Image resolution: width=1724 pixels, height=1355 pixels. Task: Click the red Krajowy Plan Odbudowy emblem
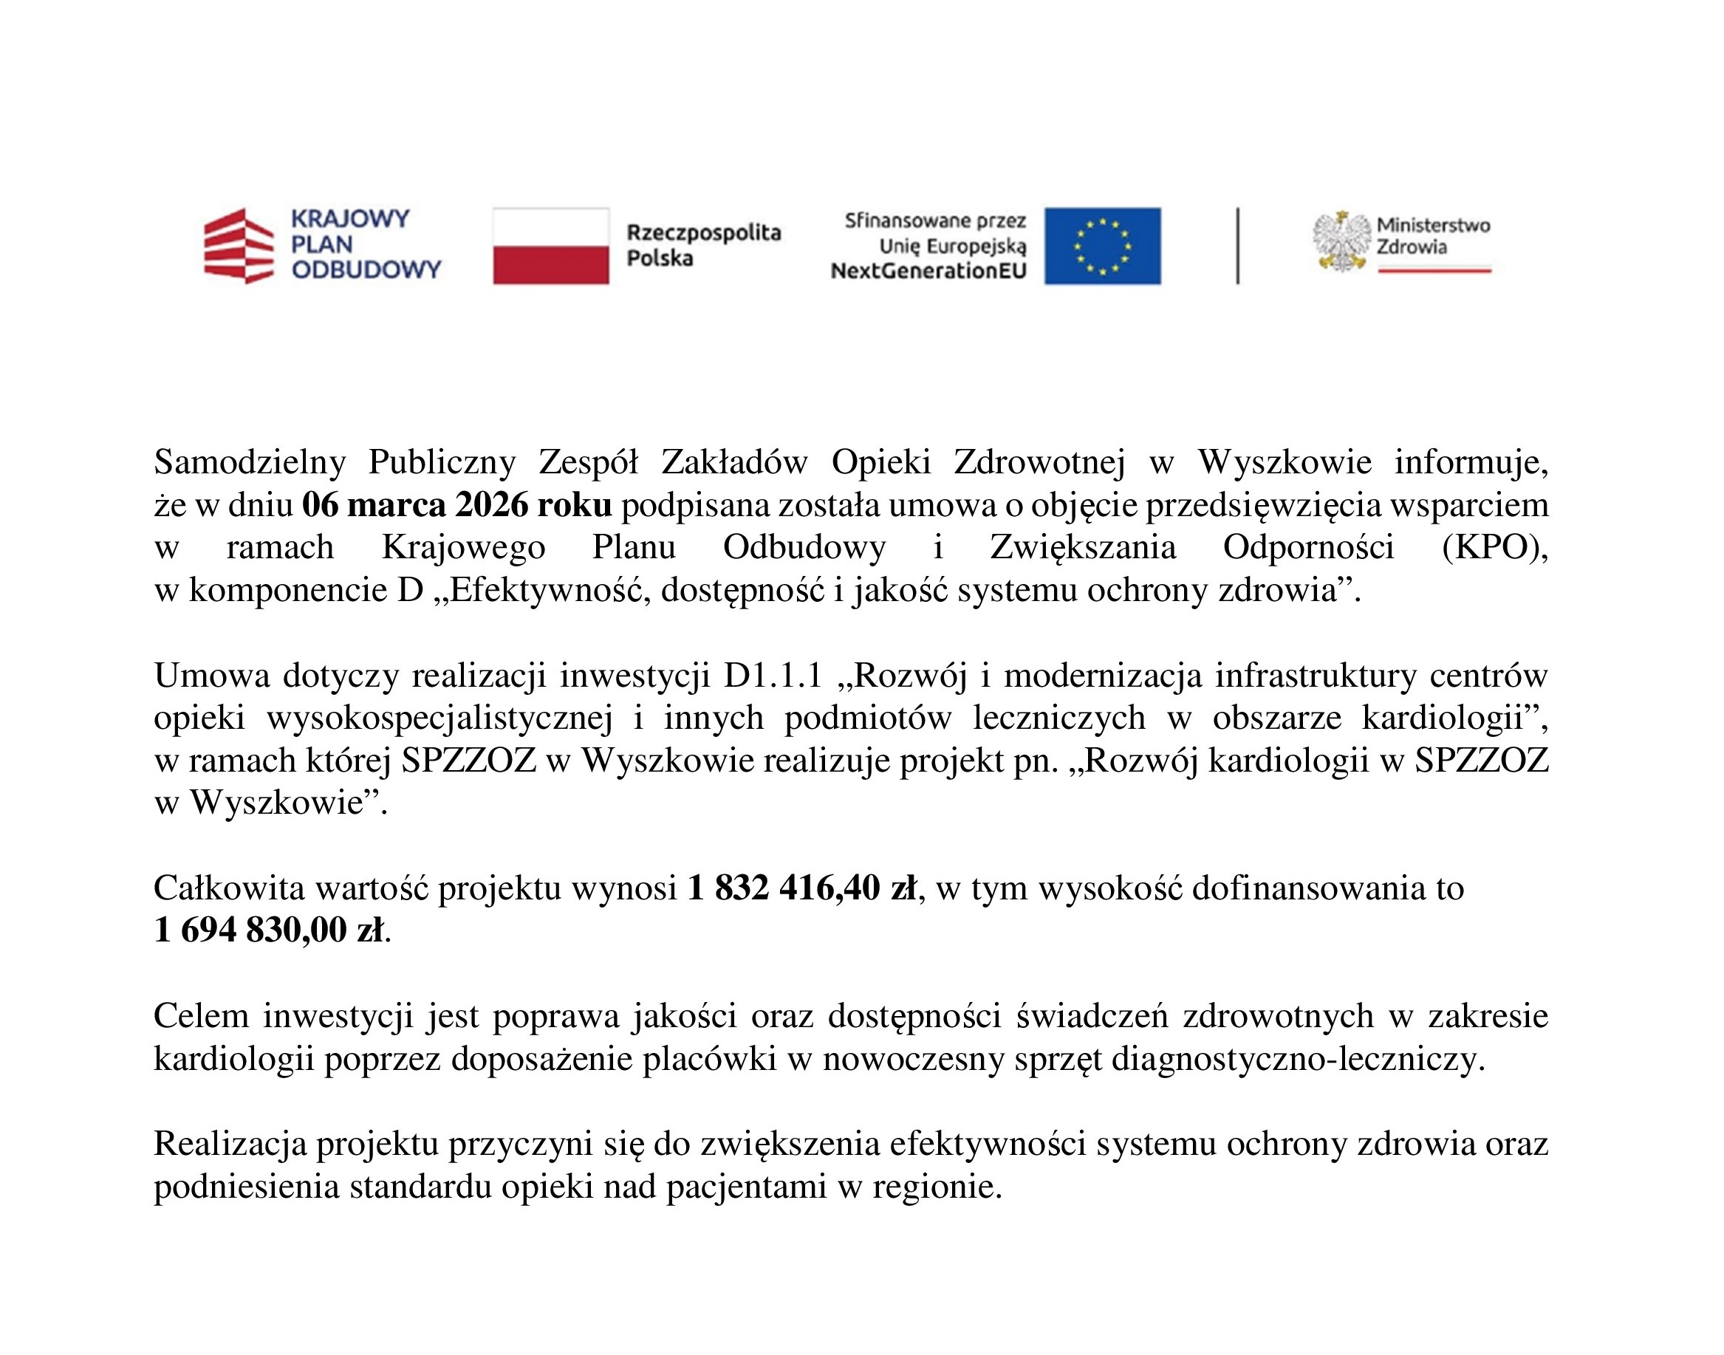(239, 246)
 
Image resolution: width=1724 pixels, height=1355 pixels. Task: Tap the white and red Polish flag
(550, 246)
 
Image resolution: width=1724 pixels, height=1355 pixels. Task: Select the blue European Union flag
(1102, 246)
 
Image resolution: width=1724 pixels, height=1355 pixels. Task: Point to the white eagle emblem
(1341, 241)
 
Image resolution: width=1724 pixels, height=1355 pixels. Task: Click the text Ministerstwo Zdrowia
(1433, 236)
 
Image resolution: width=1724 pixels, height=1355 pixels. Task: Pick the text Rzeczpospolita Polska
(704, 245)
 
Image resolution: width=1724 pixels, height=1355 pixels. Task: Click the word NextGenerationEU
(928, 271)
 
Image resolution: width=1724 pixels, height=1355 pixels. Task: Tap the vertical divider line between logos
(1238, 246)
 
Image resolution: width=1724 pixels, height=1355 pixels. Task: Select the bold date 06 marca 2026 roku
(457, 505)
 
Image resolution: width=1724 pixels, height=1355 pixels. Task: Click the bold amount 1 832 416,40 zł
(802, 888)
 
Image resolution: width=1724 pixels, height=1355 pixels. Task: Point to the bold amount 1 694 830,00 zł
(269, 930)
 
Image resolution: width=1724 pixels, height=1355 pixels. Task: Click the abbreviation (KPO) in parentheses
(1495, 547)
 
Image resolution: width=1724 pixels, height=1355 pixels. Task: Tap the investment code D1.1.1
(772, 676)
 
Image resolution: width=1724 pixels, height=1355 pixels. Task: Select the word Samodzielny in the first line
(250, 462)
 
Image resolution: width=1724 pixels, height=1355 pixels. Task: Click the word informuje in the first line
(1470, 462)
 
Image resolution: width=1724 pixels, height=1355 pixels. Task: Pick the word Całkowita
(229, 888)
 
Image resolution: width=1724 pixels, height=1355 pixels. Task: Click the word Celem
(202, 1016)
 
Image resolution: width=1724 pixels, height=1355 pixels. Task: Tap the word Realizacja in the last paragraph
(230, 1145)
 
